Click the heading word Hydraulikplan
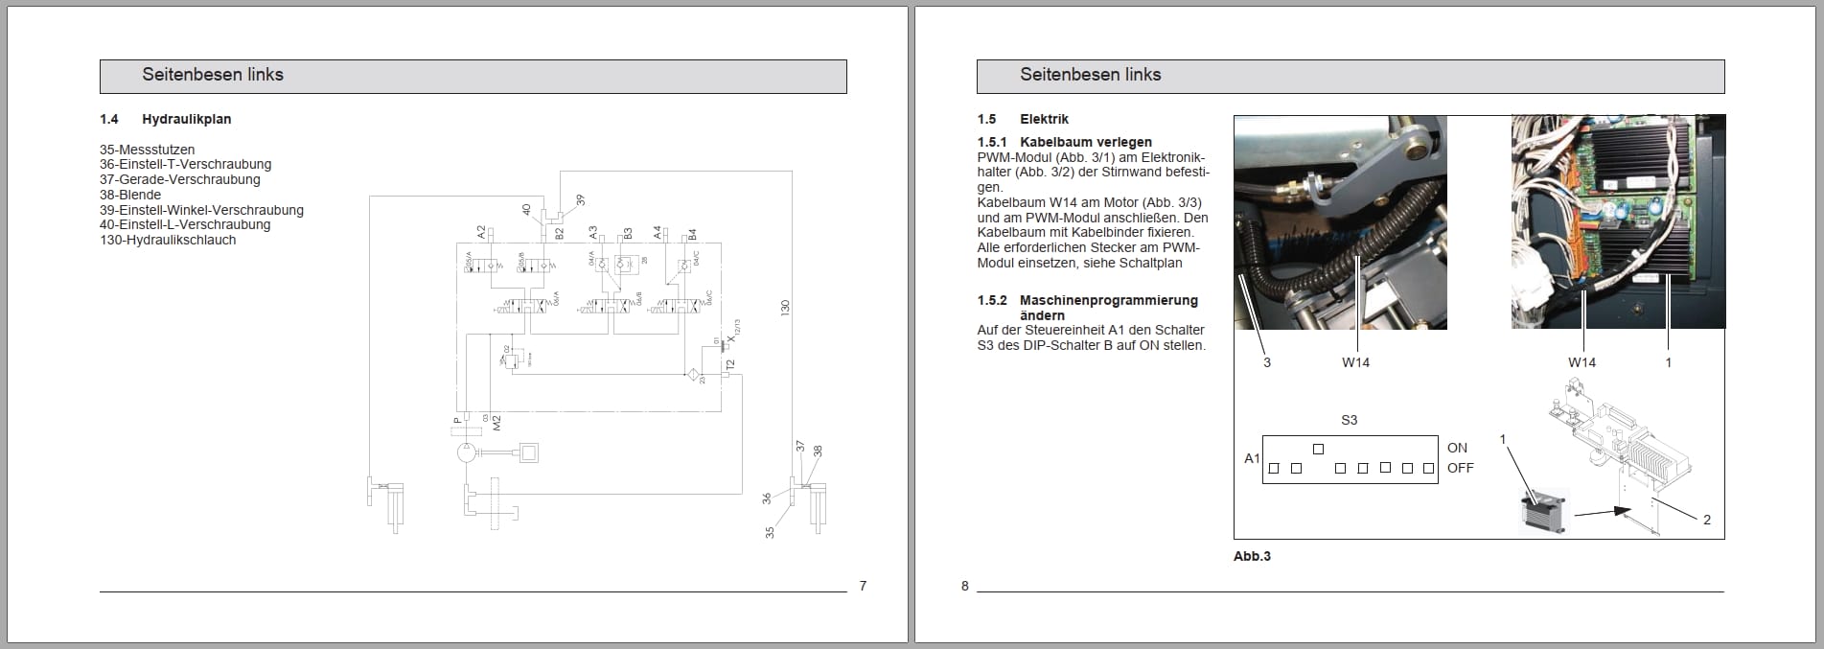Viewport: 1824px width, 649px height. [x=186, y=119]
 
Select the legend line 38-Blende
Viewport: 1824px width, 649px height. [x=130, y=195]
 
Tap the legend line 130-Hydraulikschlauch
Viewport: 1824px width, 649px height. [x=168, y=240]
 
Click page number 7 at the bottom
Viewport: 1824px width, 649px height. [x=863, y=586]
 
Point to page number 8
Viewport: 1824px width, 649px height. [x=965, y=586]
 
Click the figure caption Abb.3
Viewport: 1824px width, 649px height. [x=1252, y=556]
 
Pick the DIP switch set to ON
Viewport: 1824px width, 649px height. [x=1318, y=449]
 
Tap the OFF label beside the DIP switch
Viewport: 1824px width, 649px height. [x=1460, y=468]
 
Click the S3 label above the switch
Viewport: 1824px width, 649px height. [x=1349, y=420]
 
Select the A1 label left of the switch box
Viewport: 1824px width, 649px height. [x=1252, y=458]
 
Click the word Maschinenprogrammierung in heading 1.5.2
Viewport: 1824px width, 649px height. [x=1109, y=300]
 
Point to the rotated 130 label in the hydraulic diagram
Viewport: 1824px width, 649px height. [x=785, y=308]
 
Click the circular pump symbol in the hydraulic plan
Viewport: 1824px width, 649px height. [x=467, y=452]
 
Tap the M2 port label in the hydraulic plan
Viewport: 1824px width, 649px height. [x=496, y=421]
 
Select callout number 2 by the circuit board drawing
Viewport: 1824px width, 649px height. [x=1706, y=520]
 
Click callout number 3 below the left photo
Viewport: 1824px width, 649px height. [x=1266, y=362]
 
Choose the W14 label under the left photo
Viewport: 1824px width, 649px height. [x=1355, y=362]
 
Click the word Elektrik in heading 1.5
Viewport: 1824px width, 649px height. [x=1044, y=119]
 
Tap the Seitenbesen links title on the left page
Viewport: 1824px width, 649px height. [x=213, y=75]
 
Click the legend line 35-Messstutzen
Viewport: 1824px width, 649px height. [x=147, y=150]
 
